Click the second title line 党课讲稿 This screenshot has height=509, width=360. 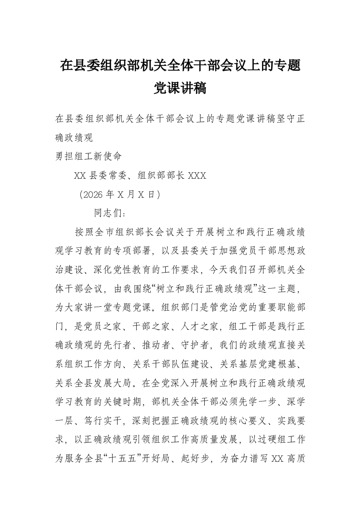coord(180,88)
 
